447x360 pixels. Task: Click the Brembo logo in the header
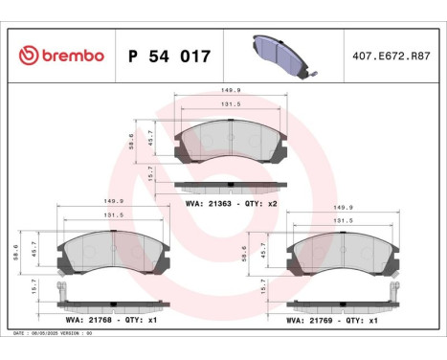tap(59, 56)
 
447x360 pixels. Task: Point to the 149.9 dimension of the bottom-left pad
tap(116, 202)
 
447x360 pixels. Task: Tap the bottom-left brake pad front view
tap(113, 253)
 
